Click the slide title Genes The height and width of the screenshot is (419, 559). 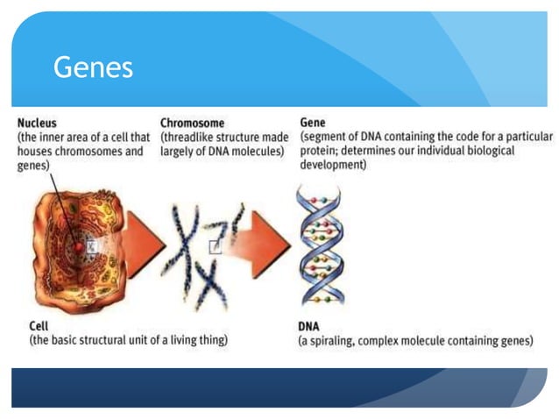[93, 67]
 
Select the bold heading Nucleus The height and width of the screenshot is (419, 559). [37, 124]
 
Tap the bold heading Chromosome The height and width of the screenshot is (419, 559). [192, 124]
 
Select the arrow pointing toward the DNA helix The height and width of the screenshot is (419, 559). [266, 238]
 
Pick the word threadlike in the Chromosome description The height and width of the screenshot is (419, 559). [192, 138]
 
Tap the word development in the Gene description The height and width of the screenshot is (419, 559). [332, 165]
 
